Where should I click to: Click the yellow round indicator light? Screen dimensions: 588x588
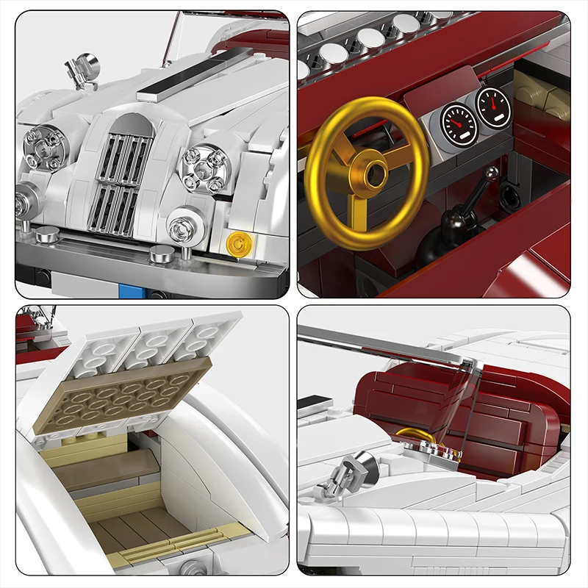(x=237, y=243)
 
